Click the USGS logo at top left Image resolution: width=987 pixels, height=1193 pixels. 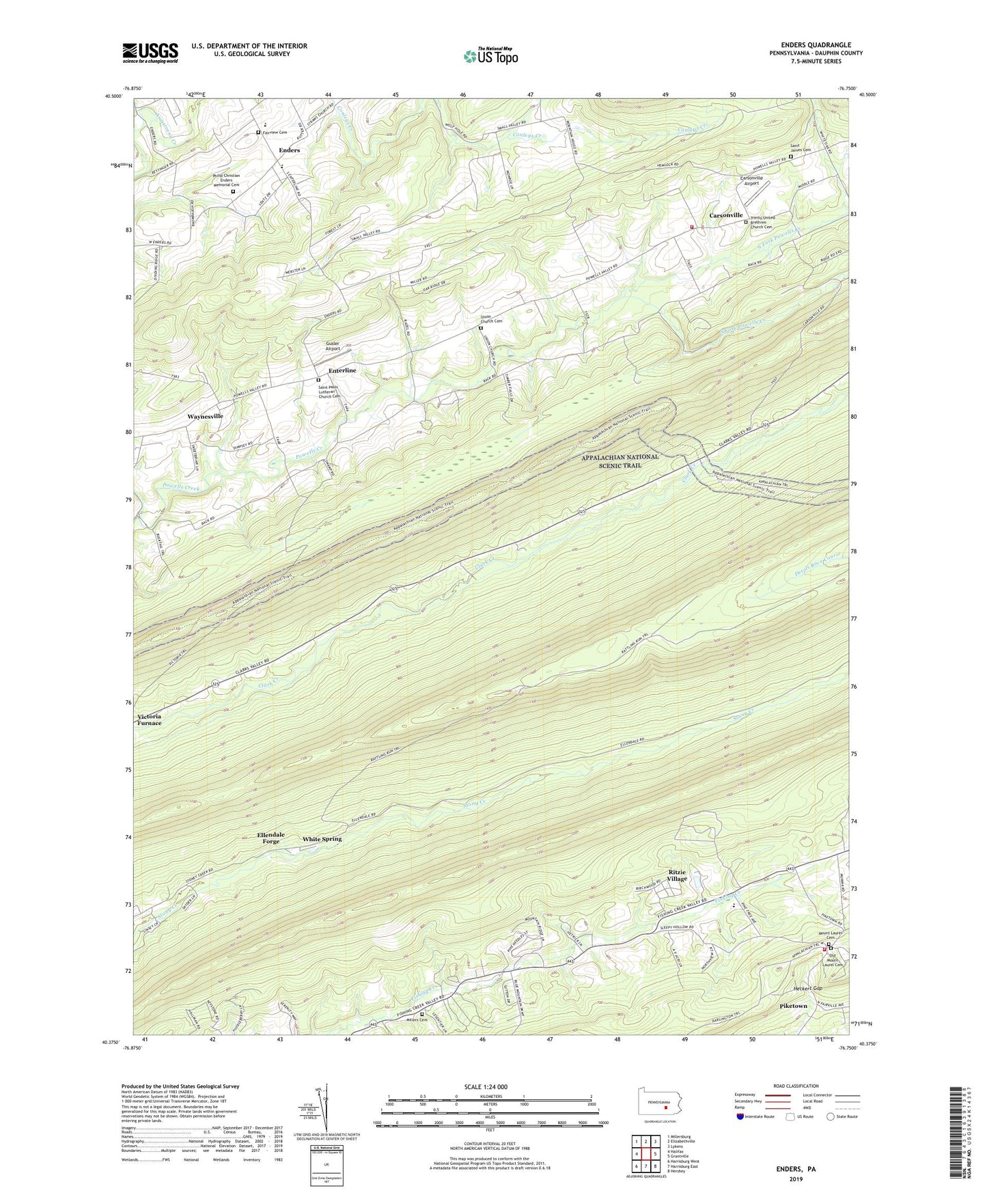click(150, 53)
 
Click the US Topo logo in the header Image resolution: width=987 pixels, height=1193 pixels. click(490, 57)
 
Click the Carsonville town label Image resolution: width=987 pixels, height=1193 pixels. click(725, 215)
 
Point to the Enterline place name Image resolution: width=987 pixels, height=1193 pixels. click(342, 370)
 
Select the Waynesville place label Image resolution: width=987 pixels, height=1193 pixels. click(205, 416)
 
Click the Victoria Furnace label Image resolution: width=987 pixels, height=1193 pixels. click(149, 719)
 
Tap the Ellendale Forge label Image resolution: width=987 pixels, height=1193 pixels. click(270, 838)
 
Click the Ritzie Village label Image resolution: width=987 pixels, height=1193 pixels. click(677, 875)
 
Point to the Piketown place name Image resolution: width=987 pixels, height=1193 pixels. click(793, 1006)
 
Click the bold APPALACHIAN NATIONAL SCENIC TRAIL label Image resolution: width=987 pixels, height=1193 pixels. click(620, 461)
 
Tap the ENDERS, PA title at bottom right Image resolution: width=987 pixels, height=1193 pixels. click(796, 1169)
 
